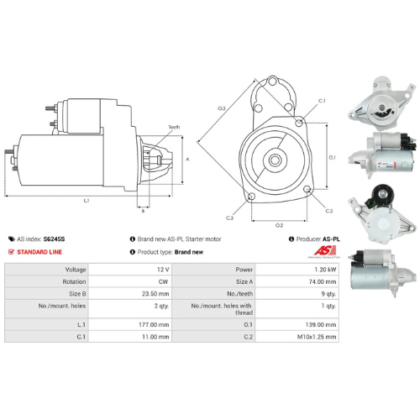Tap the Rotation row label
tap(51, 282)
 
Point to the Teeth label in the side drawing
tap(173, 127)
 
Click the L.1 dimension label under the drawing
tap(87, 200)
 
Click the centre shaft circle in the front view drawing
tap(275, 156)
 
